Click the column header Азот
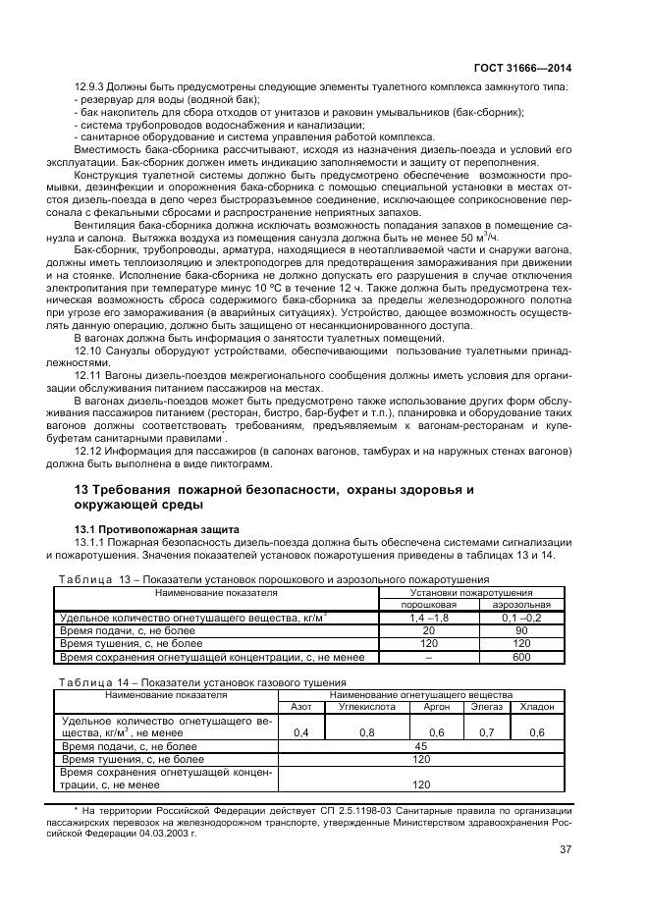coord(300,706)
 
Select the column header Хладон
coord(537,706)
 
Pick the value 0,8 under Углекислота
coord(366,732)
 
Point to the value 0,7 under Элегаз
coord(485,732)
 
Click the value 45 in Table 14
coord(421,746)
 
